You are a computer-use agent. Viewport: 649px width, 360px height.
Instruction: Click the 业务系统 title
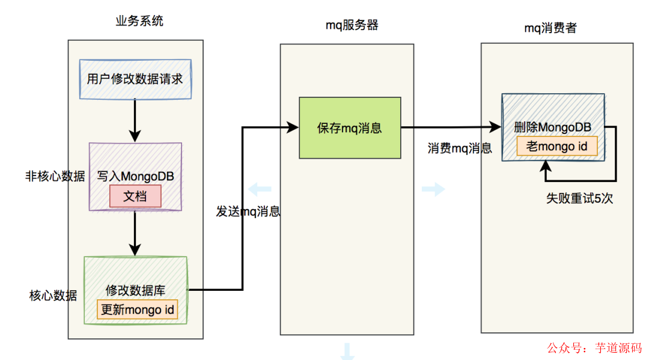pos(139,22)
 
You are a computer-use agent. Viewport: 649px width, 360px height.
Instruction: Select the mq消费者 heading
pos(550,28)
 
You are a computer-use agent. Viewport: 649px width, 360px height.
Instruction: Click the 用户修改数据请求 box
pos(135,79)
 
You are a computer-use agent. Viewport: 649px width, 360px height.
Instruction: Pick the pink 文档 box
pos(135,197)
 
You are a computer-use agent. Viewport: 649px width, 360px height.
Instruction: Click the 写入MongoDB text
pos(135,177)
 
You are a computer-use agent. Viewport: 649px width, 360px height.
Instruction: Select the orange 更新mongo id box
pos(138,310)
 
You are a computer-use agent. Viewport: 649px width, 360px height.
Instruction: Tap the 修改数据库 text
pos(135,290)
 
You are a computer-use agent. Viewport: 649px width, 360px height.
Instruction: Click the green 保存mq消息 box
pos(350,128)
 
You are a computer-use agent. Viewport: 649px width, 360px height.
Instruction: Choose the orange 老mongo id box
pos(557,147)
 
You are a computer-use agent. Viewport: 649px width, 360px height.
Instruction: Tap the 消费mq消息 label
pos(460,148)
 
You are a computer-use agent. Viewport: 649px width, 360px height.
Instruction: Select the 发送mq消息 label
pos(248,212)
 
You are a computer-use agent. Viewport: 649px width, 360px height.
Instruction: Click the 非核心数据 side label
pos(55,177)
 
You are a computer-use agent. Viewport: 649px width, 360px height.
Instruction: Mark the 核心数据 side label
pos(53,295)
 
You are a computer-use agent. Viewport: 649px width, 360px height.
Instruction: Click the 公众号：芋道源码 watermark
pos(594,347)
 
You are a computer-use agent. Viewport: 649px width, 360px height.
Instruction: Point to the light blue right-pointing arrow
pos(433,190)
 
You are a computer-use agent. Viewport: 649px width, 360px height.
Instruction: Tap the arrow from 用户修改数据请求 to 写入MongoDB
pos(135,120)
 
